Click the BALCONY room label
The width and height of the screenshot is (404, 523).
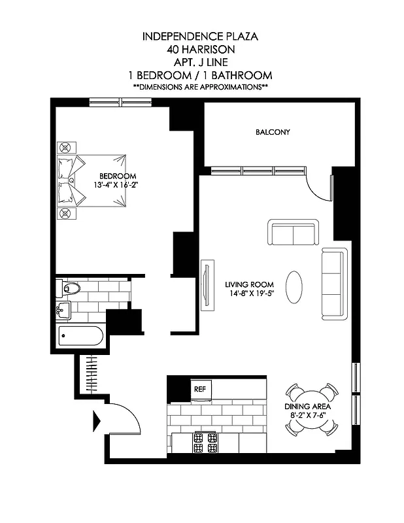[273, 132]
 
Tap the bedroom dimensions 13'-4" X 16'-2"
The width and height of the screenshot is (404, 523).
[118, 184]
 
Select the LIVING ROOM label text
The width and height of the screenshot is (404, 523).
[249, 285]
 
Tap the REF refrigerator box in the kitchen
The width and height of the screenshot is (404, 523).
[199, 389]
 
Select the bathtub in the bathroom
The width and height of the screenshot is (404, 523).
[80, 337]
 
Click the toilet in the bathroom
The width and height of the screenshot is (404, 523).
[68, 287]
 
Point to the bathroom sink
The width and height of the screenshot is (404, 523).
[64, 309]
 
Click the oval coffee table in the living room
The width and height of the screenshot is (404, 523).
[295, 285]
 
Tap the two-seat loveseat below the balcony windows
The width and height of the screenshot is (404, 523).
[292, 232]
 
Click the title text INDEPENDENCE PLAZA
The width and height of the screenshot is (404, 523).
[200, 37]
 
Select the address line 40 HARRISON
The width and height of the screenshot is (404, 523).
[200, 49]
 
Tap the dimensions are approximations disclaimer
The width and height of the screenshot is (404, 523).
[200, 87]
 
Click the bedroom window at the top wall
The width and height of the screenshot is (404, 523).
[120, 101]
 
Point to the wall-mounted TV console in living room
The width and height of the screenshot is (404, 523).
[207, 286]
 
